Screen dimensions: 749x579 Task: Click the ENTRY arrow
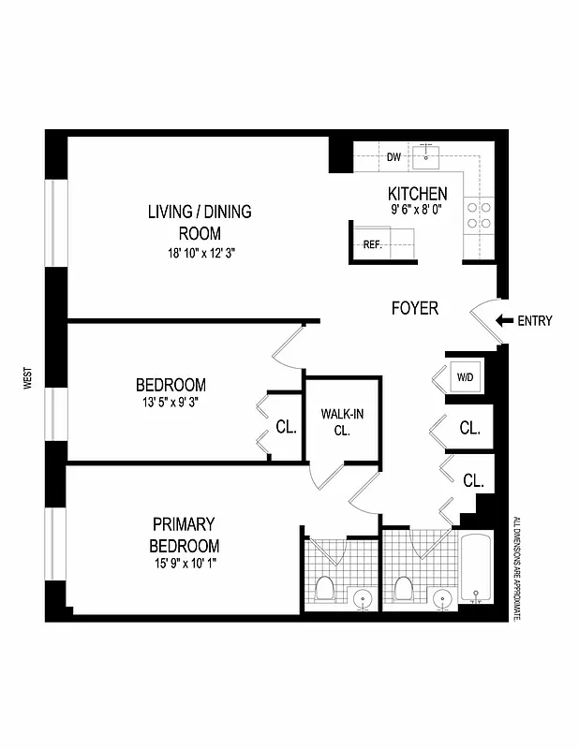[504, 321]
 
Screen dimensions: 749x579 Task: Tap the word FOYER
[414, 308]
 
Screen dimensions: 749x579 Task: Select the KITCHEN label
[417, 194]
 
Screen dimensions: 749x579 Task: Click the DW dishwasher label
[393, 156]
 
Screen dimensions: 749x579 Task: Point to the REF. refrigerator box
[372, 245]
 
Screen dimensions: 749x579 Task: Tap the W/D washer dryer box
[465, 378]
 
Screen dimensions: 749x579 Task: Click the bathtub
[477, 571]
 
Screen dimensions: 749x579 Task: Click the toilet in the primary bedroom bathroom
[324, 589]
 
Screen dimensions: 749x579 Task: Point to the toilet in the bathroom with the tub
[405, 589]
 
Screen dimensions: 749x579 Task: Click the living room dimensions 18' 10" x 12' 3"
[199, 253]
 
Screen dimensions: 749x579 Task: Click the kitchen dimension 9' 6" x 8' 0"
[417, 212]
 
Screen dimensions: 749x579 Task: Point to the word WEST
[29, 378]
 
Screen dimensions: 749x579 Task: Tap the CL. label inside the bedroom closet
[286, 428]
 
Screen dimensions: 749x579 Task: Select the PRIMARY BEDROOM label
[185, 535]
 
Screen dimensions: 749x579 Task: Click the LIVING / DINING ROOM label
[199, 222]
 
